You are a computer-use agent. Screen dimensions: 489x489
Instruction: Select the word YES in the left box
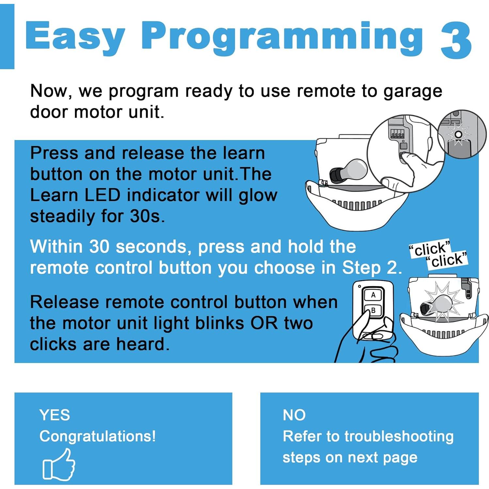[55, 415]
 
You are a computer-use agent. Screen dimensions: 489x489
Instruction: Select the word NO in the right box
[294, 415]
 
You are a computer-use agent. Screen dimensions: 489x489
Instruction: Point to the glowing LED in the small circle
[458, 134]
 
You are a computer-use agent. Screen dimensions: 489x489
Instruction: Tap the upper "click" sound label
[430, 249]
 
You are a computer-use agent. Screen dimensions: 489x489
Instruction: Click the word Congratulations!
[97, 436]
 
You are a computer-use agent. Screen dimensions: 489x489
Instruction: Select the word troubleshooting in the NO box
[399, 436]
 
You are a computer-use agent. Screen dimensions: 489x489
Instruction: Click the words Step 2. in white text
[371, 268]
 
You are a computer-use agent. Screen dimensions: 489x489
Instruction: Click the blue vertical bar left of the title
[7, 37]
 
